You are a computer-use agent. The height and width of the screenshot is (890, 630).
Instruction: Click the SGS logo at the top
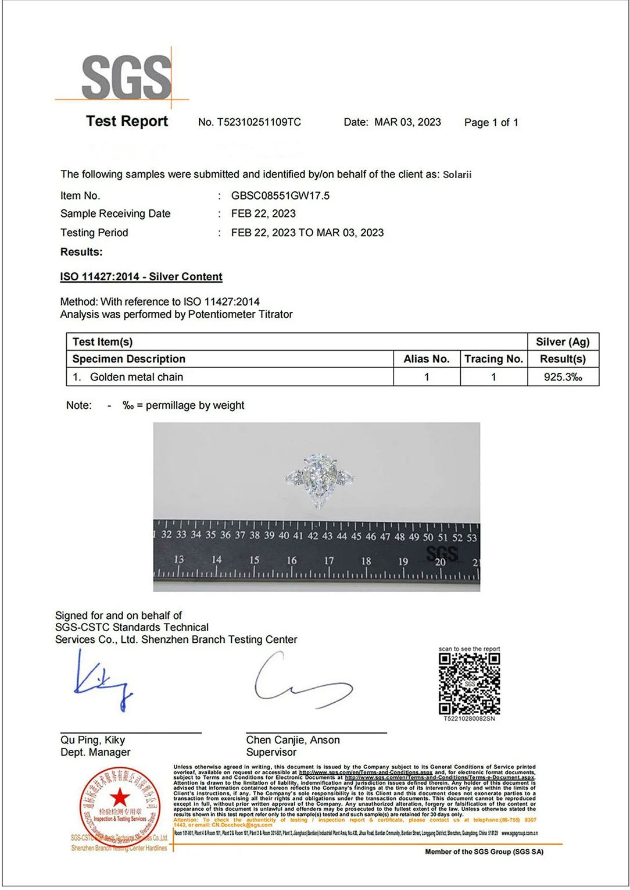point(127,77)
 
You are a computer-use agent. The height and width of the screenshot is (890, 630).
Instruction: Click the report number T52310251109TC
point(259,122)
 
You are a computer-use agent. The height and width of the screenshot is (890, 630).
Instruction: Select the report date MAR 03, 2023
point(407,122)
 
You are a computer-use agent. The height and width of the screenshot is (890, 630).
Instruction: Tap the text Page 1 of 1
point(491,122)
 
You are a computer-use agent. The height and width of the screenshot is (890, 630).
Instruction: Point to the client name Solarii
point(457,175)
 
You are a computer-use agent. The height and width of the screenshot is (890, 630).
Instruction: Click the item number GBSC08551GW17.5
point(280,195)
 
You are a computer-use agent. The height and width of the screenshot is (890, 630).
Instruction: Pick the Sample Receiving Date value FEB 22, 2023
point(263,213)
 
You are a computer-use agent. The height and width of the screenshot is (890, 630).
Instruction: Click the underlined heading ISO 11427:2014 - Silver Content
point(141,277)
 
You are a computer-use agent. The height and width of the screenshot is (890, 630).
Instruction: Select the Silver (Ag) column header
point(562,342)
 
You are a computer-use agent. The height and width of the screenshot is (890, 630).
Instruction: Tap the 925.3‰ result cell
point(562,377)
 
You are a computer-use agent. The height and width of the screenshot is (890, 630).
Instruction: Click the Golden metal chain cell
point(136,377)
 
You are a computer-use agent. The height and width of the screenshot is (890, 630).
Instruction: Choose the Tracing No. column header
point(493,359)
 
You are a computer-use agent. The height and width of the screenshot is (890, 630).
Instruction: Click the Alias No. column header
point(427,359)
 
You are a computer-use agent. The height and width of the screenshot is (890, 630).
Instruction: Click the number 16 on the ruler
point(292,560)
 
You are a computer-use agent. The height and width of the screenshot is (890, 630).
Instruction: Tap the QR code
point(469,683)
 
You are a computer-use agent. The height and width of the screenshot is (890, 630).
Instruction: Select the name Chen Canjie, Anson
point(293,740)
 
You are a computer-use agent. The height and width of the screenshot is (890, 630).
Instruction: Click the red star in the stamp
point(120,798)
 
